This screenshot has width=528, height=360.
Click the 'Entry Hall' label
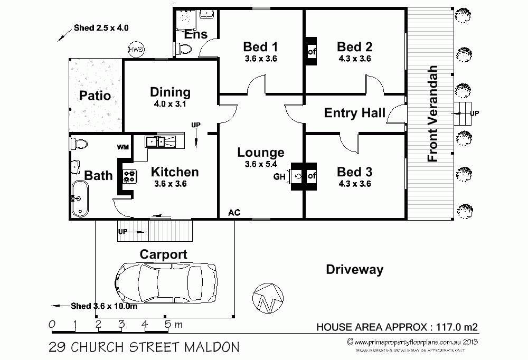pos(354,113)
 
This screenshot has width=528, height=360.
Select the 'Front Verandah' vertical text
pos(433,113)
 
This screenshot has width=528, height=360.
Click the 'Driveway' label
pos(354,270)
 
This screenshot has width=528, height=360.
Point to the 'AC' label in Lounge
pos(234,212)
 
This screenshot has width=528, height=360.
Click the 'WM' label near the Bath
pos(123,147)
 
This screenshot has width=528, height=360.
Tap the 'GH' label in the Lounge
pos(279,177)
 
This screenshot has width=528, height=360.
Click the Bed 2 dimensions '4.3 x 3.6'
pos(354,59)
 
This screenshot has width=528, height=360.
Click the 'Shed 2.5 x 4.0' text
pos(101,27)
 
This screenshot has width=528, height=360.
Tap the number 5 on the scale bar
pos(167,325)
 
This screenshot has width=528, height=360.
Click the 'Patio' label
pos(95,96)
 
